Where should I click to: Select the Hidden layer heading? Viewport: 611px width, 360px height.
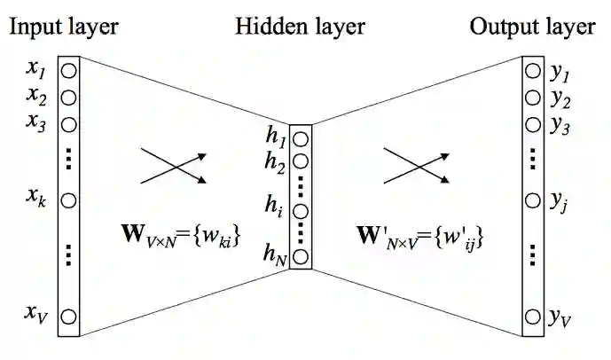pyautogui.click(x=301, y=27)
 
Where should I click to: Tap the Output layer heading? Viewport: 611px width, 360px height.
pyautogui.click(x=532, y=27)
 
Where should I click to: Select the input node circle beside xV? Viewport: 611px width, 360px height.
pyautogui.click(x=68, y=315)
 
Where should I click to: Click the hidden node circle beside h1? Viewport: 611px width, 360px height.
pyautogui.click(x=301, y=139)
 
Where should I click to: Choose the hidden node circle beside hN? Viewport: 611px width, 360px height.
pyautogui.click(x=301, y=257)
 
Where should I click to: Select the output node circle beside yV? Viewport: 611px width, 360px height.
pyautogui.click(x=532, y=316)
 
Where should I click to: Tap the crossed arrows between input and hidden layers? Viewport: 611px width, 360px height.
pyautogui.click(x=174, y=165)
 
